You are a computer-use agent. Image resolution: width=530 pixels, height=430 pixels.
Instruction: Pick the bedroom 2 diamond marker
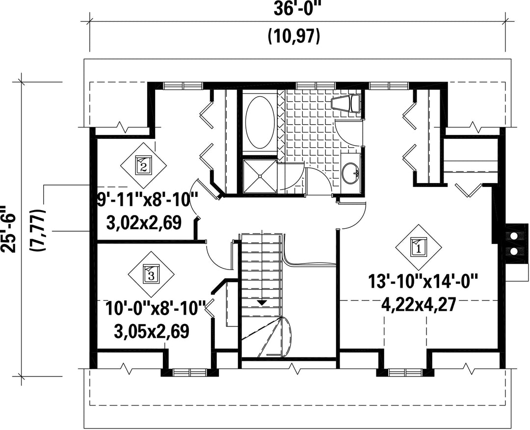(144, 164)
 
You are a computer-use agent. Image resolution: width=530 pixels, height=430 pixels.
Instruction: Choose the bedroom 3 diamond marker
(151, 273)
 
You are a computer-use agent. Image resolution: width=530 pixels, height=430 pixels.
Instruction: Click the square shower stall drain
(260, 175)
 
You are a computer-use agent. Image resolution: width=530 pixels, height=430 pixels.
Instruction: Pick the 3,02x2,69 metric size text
(144, 223)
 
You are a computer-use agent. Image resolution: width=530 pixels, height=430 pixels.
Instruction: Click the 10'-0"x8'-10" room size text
(155, 309)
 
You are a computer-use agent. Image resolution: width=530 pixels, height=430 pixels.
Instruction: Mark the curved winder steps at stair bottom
(267, 337)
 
